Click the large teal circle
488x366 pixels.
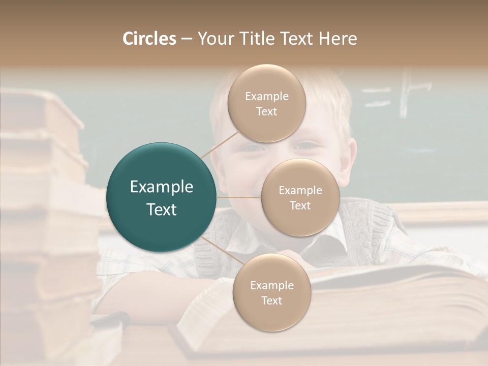click(x=162, y=197)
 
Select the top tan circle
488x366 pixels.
click(x=267, y=103)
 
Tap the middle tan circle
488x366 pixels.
click(x=300, y=197)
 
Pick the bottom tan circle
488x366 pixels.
click(x=271, y=292)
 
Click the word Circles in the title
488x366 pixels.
click(x=149, y=39)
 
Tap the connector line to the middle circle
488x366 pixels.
click(x=239, y=197)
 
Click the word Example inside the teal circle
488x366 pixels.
click(x=162, y=187)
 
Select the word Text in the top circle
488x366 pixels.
click(x=267, y=111)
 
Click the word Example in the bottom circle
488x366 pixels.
click(x=271, y=285)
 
